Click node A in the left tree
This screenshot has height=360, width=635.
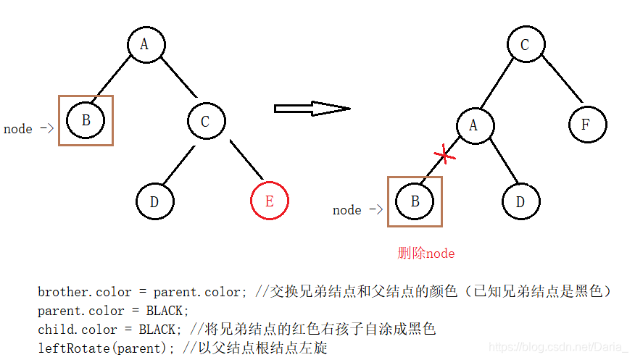[x=144, y=45]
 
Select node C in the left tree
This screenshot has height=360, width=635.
[x=205, y=121]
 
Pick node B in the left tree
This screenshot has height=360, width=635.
[x=86, y=120]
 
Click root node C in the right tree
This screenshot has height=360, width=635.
[x=525, y=45]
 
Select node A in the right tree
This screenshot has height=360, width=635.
[x=474, y=125]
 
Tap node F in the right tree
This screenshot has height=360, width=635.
[x=584, y=125]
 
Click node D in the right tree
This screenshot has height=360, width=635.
[x=520, y=201]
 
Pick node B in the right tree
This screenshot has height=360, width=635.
[x=415, y=201]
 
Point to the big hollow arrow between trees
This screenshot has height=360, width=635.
[x=312, y=109]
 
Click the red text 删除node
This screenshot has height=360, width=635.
[x=426, y=253]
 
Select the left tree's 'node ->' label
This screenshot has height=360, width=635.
[x=28, y=129]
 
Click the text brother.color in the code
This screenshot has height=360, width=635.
[x=85, y=293]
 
